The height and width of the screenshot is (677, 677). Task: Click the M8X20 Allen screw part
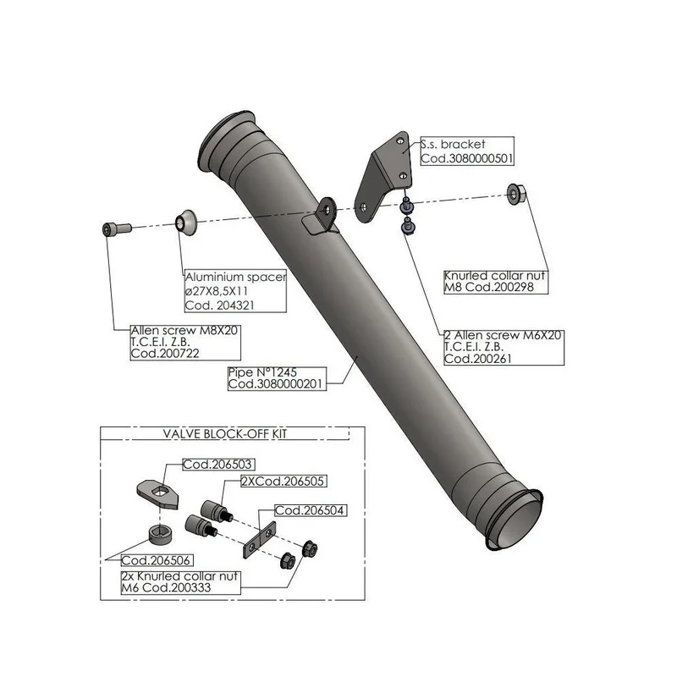tap(117, 228)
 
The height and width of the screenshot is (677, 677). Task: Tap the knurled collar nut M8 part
tap(516, 195)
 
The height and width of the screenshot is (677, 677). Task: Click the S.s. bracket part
tap(383, 177)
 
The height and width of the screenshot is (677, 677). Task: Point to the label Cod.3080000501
tap(467, 158)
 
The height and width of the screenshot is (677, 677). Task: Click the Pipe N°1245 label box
tap(277, 378)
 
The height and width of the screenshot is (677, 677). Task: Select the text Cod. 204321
tap(220, 305)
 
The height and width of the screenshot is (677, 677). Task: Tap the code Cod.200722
tap(165, 354)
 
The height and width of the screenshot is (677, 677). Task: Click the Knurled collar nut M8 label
tap(496, 282)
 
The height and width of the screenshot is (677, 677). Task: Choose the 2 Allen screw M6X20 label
tap(504, 347)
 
